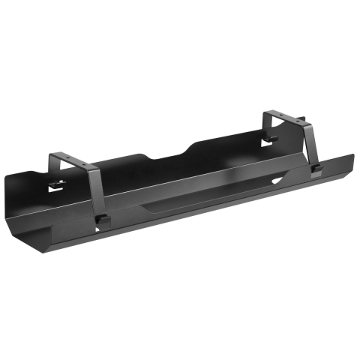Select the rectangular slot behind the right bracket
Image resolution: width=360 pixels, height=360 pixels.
coord(269,143)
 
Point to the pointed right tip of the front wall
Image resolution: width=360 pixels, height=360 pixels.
coord(351,157)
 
